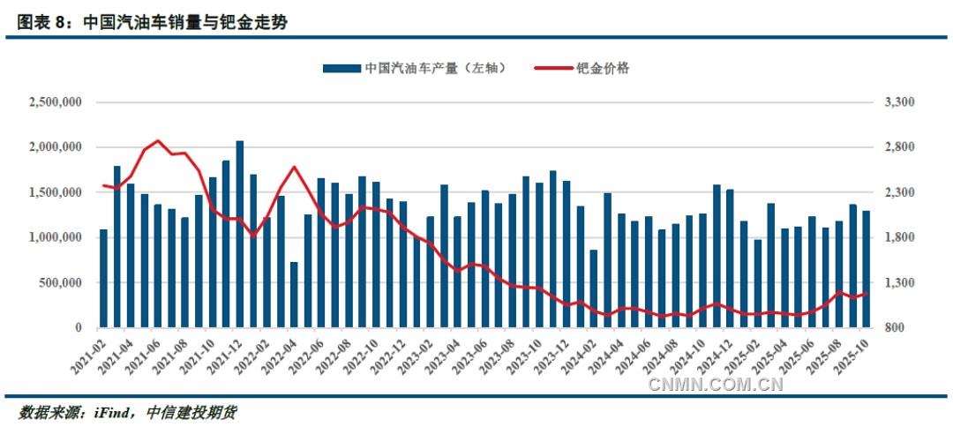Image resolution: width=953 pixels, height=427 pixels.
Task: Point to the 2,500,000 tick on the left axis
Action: click(56, 102)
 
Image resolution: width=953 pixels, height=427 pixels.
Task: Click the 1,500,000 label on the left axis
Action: click(56, 192)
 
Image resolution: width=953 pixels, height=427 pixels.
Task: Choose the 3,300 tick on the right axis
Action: click(897, 102)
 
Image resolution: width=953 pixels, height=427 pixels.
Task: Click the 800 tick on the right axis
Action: click(894, 328)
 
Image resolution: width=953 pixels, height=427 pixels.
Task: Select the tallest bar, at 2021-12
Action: click(240, 235)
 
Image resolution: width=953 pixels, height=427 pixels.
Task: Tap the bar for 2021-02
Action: click(103, 279)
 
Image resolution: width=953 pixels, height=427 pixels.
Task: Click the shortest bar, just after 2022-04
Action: click(294, 295)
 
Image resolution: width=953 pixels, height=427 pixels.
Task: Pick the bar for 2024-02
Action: click(594, 288)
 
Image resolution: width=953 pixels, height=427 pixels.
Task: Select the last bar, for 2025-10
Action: click(866, 269)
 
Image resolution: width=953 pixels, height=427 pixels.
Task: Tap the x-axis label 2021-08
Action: click(172, 356)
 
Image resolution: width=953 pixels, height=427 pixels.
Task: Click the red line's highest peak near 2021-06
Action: click(158, 141)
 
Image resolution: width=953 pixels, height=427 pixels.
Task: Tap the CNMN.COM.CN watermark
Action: click(716, 384)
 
